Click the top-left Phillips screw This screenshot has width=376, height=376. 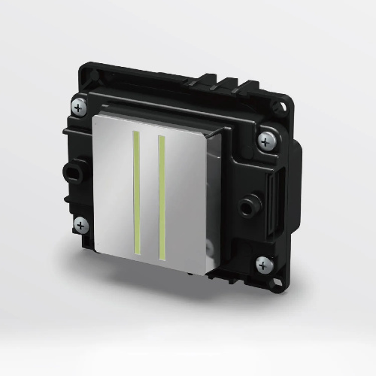pyautogui.click(x=78, y=106)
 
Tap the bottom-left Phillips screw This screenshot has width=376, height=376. pyautogui.click(x=80, y=223)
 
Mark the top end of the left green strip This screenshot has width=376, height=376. pyautogui.click(x=138, y=133)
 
